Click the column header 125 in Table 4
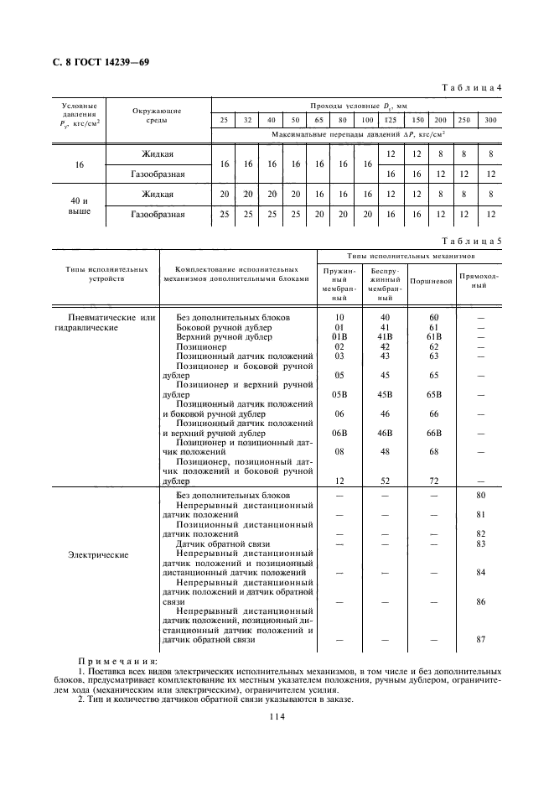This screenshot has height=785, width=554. pyautogui.click(x=390, y=121)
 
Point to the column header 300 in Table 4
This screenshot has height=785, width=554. pyautogui.click(x=491, y=121)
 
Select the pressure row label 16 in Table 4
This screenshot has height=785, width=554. pyautogui.click(x=80, y=165)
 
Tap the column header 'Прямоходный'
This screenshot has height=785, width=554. pyautogui.click(x=479, y=280)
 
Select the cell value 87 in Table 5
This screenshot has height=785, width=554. pyautogui.click(x=481, y=640)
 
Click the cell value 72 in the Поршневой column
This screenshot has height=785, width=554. pyautogui.click(x=433, y=481)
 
